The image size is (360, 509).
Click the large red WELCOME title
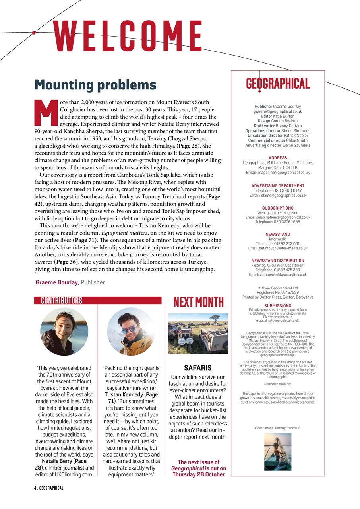(128, 36)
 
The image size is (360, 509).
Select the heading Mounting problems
(95, 85)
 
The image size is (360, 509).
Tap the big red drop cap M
(46, 113)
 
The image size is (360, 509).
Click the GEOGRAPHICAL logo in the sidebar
(278, 84)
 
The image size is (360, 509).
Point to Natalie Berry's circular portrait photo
(64, 332)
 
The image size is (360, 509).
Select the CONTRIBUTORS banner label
(62, 301)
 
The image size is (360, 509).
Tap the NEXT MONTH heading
(198, 302)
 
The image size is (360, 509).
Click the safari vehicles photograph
(198, 333)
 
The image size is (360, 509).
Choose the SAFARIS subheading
(198, 368)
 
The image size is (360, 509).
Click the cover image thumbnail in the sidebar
(277, 452)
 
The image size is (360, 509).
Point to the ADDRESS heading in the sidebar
(278, 158)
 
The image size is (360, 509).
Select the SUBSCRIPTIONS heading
(278, 208)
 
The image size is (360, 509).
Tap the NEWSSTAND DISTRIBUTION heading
(278, 261)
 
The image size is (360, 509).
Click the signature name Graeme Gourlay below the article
(57, 282)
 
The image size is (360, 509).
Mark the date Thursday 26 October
(198, 474)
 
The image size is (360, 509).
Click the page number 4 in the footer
(35, 488)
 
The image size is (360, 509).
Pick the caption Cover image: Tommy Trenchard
(278, 428)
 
